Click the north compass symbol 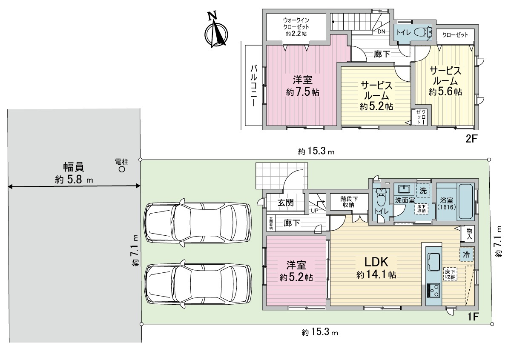pyautogui.click(x=216, y=32)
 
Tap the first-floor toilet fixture pyautogui.click(x=381, y=199)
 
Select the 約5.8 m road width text pyautogui.click(x=74, y=180)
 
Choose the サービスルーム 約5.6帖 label pyautogui.click(x=445, y=81)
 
